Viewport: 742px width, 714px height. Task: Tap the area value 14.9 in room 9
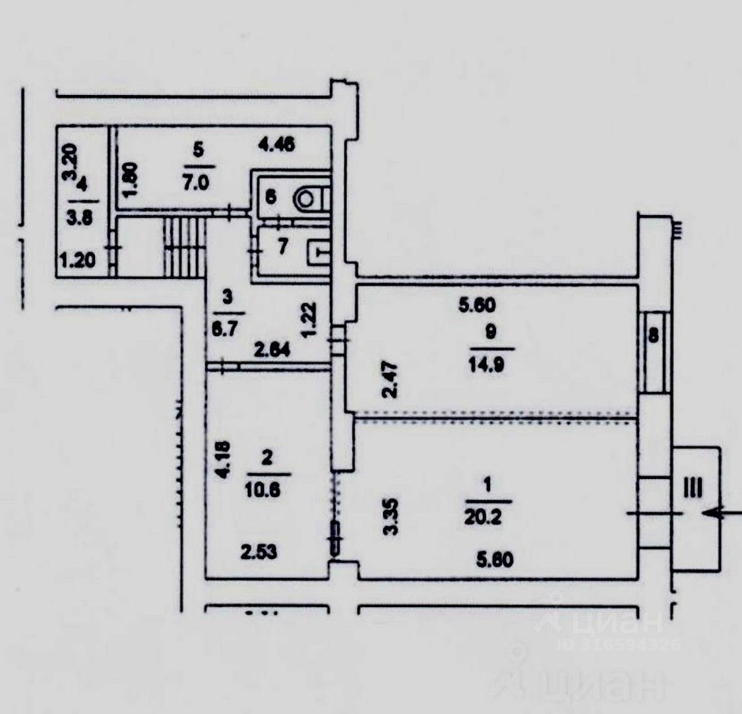489,364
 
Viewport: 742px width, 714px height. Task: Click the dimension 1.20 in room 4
77,261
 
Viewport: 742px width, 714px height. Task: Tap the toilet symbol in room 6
309,197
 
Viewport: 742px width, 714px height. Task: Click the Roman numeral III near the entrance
693,488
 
